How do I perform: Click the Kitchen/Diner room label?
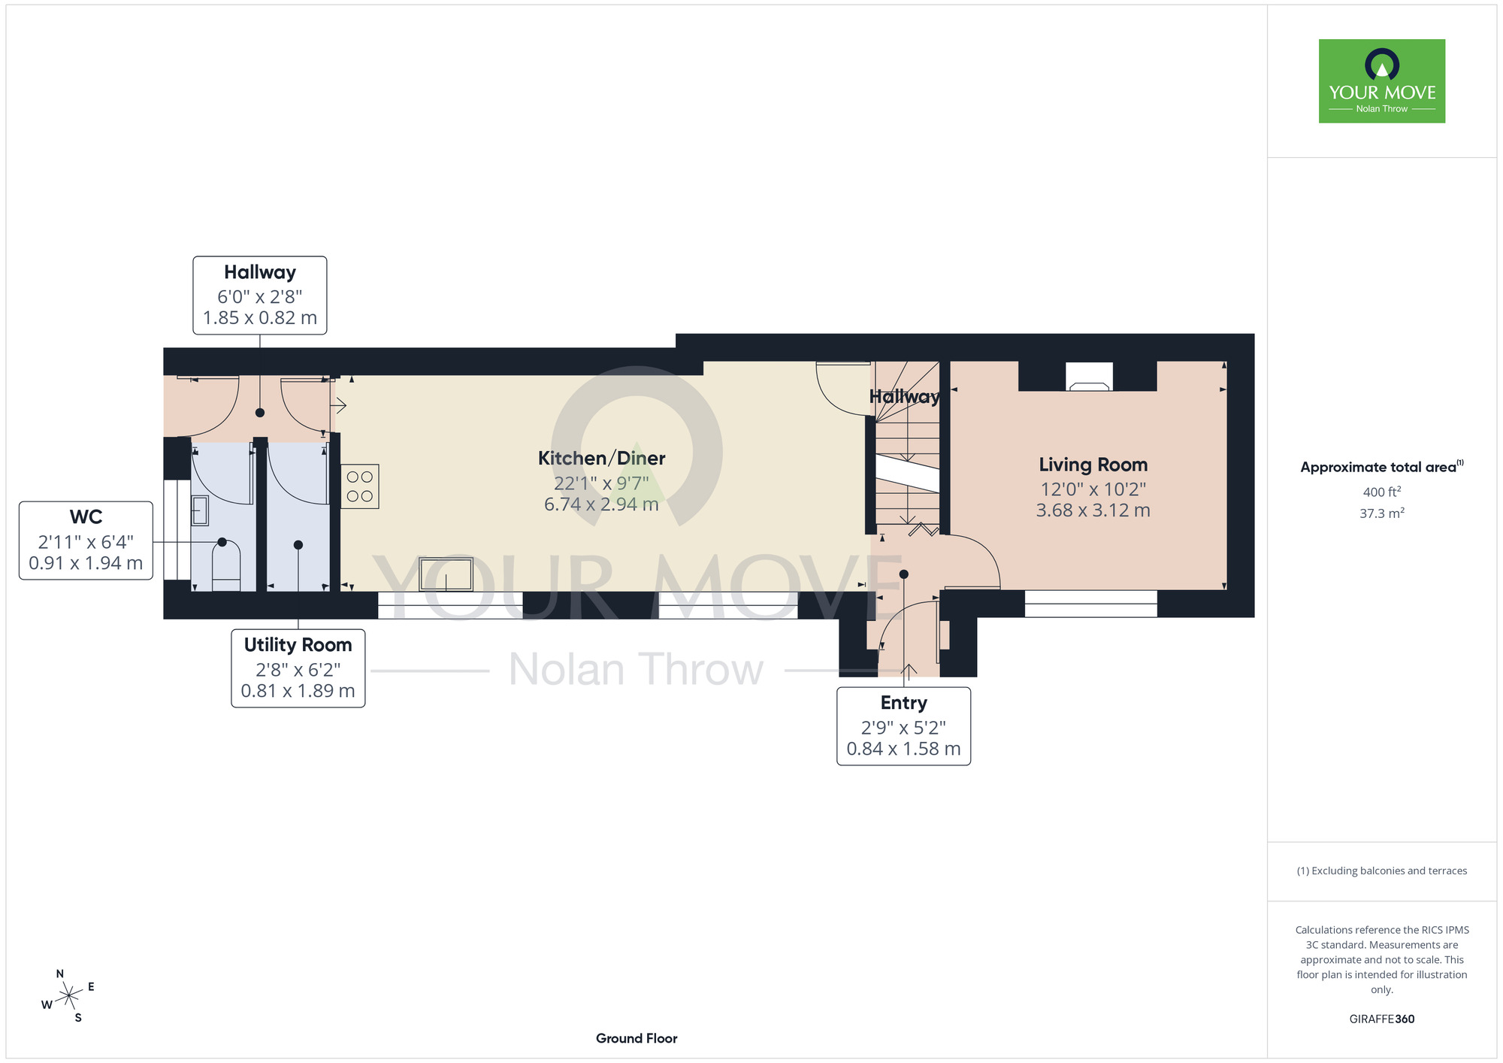tap(601, 458)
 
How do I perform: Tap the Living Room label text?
tap(1093, 465)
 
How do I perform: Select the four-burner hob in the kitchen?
tap(360, 486)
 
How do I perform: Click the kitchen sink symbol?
tap(446, 575)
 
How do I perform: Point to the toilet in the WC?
tap(226, 567)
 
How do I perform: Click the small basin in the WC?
tap(200, 511)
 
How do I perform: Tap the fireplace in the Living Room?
tap(1090, 377)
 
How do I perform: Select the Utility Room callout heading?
tap(298, 645)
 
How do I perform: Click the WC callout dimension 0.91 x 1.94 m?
tap(86, 563)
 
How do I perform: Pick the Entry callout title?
tap(904, 703)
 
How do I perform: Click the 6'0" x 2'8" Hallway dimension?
tap(260, 297)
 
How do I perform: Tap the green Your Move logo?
tap(1382, 81)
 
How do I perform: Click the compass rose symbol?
tap(68, 996)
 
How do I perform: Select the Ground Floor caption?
tap(637, 1038)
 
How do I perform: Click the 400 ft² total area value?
tap(1382, 492)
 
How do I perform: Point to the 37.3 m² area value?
tap(1382, 513)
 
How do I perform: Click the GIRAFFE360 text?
tap(1382, 1019)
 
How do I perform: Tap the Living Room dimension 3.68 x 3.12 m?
tap(1093, 510)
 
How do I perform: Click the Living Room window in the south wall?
tap(1091, 604)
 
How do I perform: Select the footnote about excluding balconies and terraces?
tap(1382, 871)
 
